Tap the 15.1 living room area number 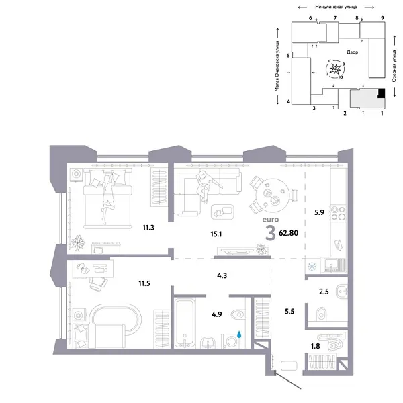pyautogui.click(x=216, y=234)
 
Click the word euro pyautogui.click(x=269, y=220)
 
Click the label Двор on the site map pyautogui.click(x=353, y=52)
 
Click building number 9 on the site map pyautogui.click(x=382, y=18)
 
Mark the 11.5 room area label pyautogui.click(x=143, y=283)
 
